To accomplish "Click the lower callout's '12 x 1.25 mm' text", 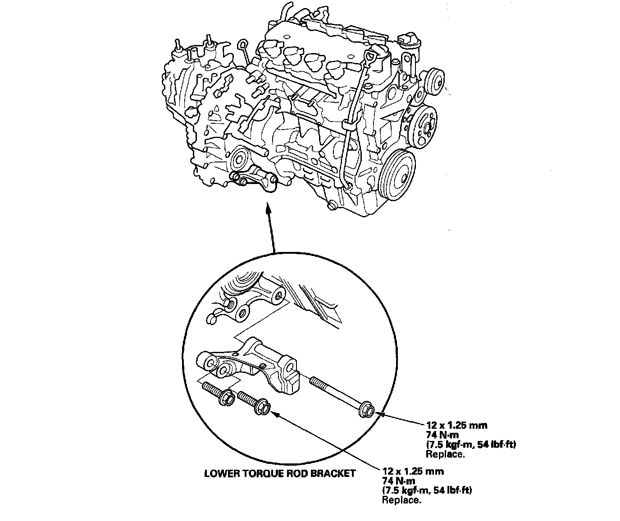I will [413, 472].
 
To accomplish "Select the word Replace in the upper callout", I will [445, 454].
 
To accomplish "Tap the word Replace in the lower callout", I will [401, 500].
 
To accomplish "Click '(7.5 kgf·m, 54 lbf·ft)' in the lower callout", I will [426, 490].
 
